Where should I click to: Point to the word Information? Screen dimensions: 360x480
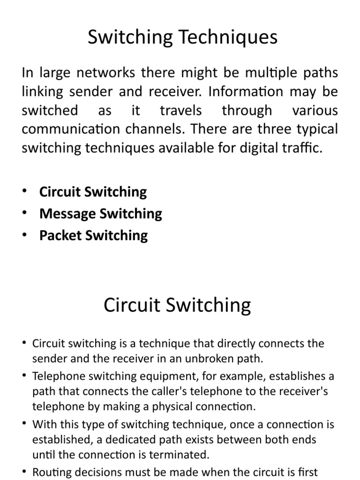247,91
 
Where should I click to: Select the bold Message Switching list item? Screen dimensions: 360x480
101,214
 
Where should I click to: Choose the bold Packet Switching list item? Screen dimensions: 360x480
93,235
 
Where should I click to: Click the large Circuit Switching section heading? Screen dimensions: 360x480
177,305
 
